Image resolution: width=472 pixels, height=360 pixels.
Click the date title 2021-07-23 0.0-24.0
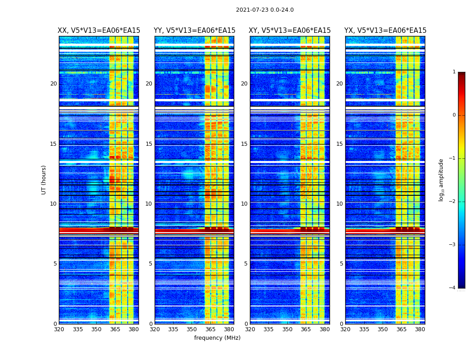[x=265, y=10]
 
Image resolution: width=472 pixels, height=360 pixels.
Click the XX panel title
[x=99, y=31]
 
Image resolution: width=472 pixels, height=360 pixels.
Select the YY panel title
[x=194, y=31]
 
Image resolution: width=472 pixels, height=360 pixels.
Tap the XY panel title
[x=290, y=31]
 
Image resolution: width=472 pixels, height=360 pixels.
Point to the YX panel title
[x=385, y=31]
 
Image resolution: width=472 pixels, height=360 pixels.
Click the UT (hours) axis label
[x=44, y=180]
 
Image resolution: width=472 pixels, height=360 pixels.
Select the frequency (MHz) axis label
[x=217, y=338]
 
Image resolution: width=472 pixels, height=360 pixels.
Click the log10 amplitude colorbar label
[x=441, y=180]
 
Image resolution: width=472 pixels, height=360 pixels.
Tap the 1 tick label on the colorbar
[x=454, y=72]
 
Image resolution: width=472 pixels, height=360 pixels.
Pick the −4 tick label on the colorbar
[x=453, y=288]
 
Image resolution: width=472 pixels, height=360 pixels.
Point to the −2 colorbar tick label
[x=453, y=202]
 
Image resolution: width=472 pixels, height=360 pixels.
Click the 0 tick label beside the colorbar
[x=454, y=115]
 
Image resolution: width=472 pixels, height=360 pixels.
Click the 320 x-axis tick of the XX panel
[x=59, y=329]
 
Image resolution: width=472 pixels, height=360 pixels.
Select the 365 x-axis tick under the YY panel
[x=210, y=329]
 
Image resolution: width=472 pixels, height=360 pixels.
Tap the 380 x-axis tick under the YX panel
[x=420, y=329]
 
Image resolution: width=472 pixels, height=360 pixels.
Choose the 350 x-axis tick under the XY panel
[x=287, y=329]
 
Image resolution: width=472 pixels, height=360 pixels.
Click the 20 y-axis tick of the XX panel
[x=53, y=84]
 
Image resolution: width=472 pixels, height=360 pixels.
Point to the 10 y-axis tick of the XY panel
[x=244, y=204]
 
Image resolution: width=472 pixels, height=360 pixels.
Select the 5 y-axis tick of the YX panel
[x=341, y=264]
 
